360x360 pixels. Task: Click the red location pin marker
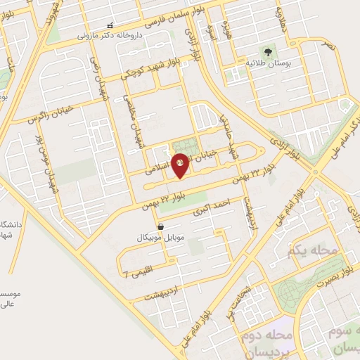pyautogui.click(x=180, y=165)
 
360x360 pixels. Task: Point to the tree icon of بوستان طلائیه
pyautogui.click(x=267, y=52)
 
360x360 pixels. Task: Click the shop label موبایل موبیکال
pyautogui.click(x=160, y=238)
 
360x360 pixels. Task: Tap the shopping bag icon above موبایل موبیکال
pyautogui.click(x=162, y=227)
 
